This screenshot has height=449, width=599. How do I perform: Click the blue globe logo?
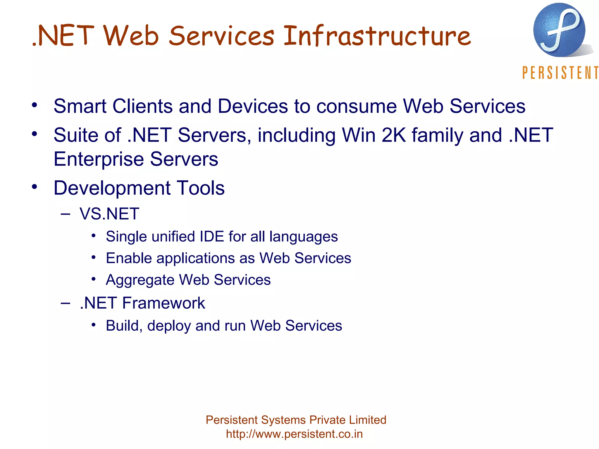[559, 30]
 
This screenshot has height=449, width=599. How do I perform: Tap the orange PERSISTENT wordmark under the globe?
[560, 73]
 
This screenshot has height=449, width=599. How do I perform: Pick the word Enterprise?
[99, 159]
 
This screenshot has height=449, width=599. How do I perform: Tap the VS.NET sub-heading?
[109, 214]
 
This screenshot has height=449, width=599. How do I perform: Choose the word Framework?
[163, 303]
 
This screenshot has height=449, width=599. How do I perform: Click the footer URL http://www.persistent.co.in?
[294, 434]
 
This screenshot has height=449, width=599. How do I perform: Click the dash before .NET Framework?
[66, 303]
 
